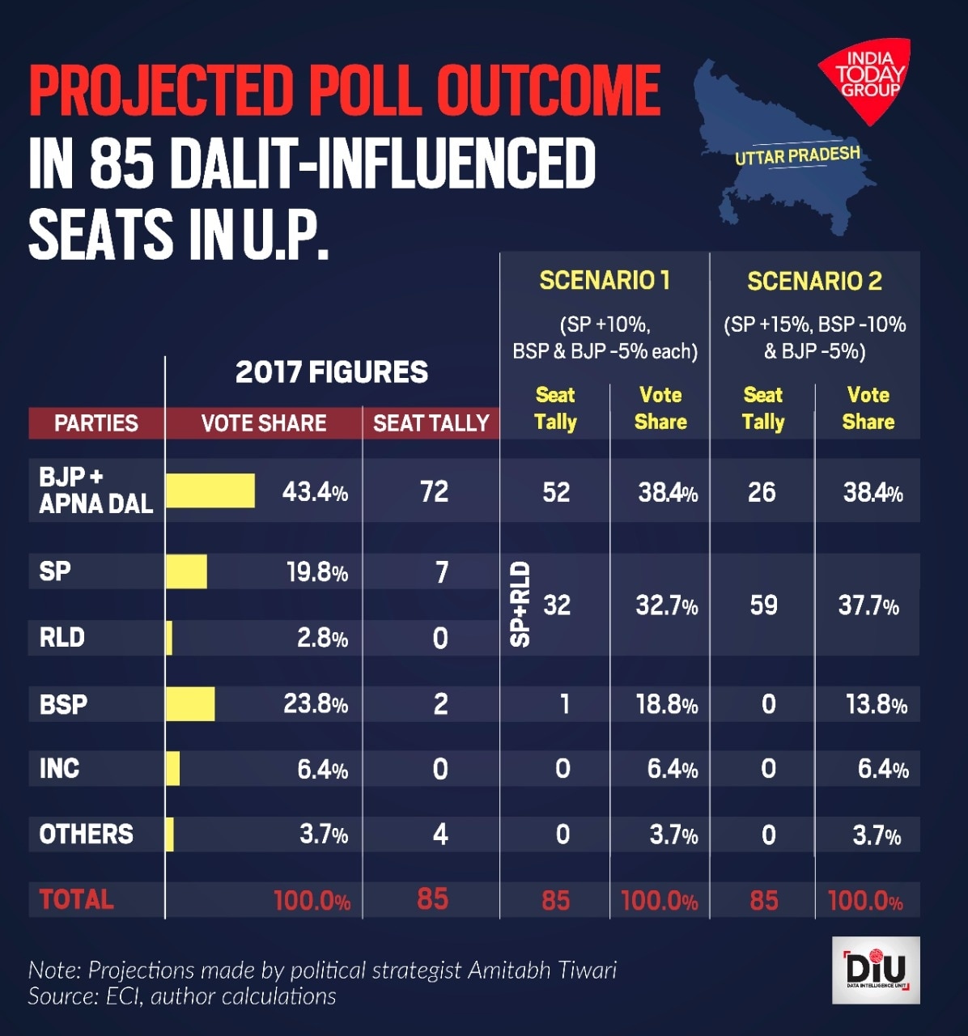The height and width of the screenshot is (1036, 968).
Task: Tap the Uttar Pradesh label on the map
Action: click(x=797, y=155)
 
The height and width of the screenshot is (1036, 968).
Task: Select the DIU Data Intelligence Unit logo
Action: click(x=876, y=970)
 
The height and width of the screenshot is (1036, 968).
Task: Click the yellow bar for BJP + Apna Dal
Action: click(x=210, y=491)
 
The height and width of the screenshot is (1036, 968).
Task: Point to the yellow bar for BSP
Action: click(x=190, y=703)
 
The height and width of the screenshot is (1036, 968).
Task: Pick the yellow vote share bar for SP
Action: click(x=186, y=571)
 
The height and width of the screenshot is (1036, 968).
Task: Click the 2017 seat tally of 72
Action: click(x=434, y=491)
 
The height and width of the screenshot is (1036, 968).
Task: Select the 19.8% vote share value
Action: click(x=316, y=572)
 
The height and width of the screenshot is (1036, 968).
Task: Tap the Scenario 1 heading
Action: click(x=605, y=280)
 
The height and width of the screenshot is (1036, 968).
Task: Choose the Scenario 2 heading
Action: click(x=814, y=281)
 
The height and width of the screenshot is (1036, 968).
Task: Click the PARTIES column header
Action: click(x=96, y=422)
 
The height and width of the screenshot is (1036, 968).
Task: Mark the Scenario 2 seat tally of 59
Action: click(x=763, y=605)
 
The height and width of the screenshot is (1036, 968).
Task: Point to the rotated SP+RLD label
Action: click(x=520, y=605)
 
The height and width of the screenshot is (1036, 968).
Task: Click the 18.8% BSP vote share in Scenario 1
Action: click(x=666, y=704)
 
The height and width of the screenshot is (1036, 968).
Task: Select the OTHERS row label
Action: click(x=86, y=834)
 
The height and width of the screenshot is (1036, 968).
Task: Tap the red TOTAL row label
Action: click(x=76, y=899)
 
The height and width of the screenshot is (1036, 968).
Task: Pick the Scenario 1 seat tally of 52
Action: click(x=556, y=492)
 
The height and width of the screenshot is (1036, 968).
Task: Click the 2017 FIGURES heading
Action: click(x=331, y=372)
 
